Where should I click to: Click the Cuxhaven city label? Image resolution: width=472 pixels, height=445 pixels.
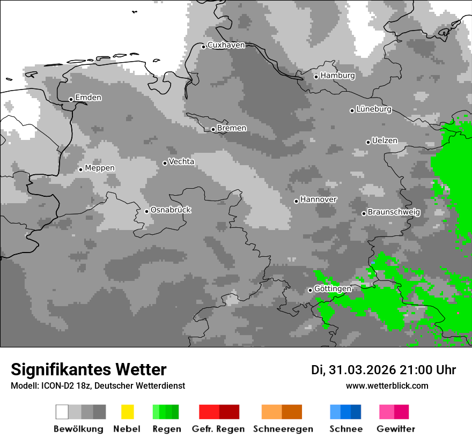click(226, 46)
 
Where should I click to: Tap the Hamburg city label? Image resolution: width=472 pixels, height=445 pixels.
click(337, 76)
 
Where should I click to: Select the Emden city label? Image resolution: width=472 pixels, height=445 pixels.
click(88, 98)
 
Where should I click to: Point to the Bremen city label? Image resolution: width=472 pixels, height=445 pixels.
click(232, 128)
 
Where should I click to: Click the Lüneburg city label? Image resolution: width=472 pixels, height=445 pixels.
click(374, 109)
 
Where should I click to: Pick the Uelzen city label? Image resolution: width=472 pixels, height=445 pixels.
click(385, 141)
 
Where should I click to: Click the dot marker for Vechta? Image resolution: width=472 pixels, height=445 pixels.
click(165, 163)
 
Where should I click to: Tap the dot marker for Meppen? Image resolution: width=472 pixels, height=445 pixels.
click(80, 169)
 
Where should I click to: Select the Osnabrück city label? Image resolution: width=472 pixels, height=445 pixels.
click(171, 210)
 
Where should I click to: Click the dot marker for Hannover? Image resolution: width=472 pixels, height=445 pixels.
click(296, 201)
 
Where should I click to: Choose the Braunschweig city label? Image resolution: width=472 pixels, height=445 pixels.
click(394, 212)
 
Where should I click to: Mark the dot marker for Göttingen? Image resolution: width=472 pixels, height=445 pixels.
click(310, 290)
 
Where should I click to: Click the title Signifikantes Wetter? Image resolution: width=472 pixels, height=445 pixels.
click(88, 369)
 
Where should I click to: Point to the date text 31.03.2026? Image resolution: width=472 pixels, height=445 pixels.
click(360, 370)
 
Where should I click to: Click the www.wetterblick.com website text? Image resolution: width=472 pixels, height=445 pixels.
click(387, 385)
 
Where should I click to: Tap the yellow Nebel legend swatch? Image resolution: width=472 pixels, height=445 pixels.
click(127, 412)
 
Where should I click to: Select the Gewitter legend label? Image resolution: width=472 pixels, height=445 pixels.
click(395, 429)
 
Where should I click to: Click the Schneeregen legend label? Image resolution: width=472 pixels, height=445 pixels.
click(282, 429)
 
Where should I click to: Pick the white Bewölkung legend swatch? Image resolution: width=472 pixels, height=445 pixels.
click(62, 412)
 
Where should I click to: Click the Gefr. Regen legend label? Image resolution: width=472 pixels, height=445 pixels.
click(218, 429)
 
